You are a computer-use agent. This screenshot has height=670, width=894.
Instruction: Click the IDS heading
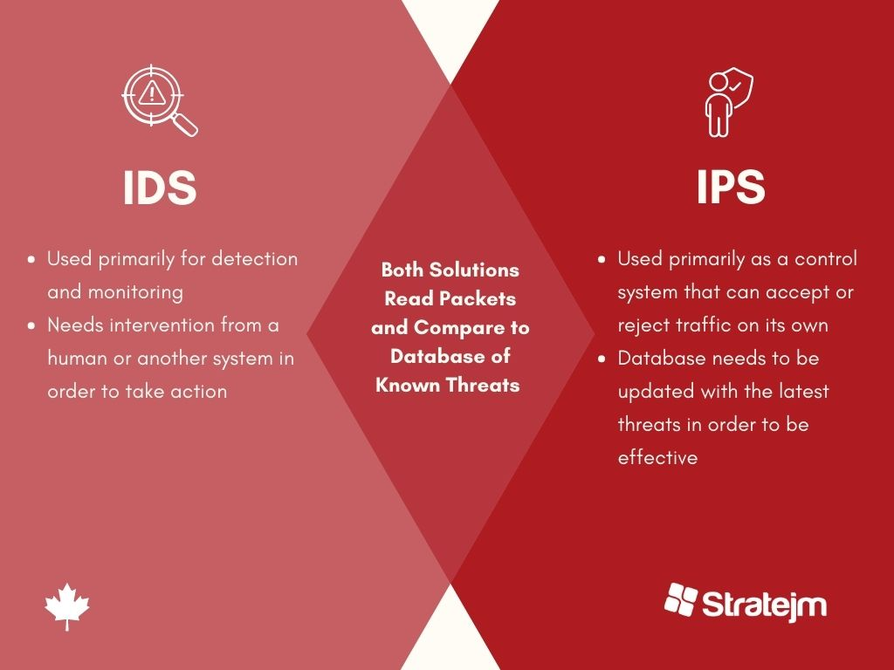pos(160,188)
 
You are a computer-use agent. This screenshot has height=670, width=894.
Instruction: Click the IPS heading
pos(731,188)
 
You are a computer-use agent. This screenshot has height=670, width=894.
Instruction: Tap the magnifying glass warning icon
pos(160,100)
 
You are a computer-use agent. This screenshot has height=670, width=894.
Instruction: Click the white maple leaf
pos(67,606)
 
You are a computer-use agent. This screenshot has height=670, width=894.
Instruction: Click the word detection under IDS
pos(254,258)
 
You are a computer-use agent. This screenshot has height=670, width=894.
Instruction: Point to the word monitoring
pos(135,293)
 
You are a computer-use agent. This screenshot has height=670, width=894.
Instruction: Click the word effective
pos(657,457)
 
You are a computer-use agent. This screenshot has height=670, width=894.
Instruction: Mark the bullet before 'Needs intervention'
pos(31,326)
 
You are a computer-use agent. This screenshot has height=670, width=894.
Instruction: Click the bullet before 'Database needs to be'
pos(602,359)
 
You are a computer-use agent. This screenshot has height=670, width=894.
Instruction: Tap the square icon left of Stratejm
pos(681,599)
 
